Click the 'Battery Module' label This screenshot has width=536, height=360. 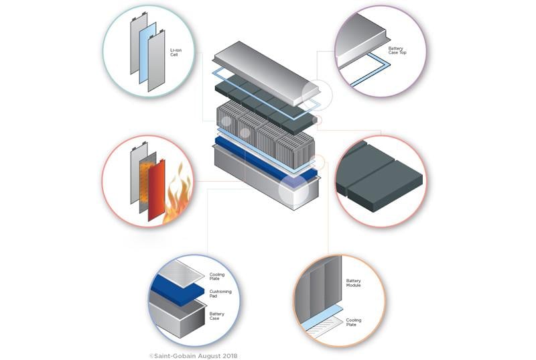(x=353, y=282)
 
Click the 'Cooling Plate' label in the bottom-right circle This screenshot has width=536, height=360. (x=353, y=322)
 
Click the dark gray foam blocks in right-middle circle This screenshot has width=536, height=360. (x=379, y=178)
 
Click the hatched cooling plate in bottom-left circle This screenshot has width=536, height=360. (x=176, y=272)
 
